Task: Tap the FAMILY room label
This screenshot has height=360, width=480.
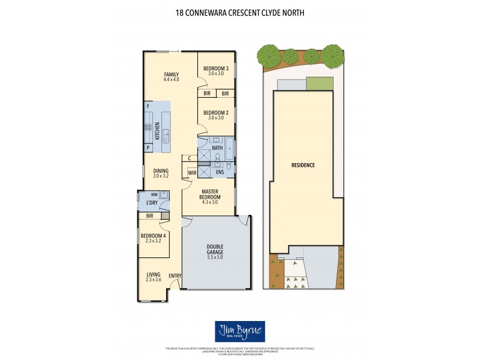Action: [x=172, y=74]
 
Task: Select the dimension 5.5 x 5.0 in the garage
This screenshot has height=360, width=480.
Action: [x=214, y=257]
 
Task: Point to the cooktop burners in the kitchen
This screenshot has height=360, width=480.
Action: [x=148, y=127]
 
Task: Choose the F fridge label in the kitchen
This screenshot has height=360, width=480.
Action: [x=148, y=106]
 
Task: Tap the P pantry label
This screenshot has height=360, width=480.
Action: [x=148, y=148]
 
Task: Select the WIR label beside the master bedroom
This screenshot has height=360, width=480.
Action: [x=192, y=173]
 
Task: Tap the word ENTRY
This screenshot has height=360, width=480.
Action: [x=175, y=276]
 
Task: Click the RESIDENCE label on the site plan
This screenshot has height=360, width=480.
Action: [x=303, y=165]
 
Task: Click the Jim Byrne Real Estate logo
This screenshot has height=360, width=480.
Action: [x=240, y=331]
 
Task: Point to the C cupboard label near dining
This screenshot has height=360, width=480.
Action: [x=190, y=158]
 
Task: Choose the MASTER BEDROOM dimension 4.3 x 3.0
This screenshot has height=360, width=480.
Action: [x=209, y=203]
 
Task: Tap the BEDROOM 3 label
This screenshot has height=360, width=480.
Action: [x=216, y=68]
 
